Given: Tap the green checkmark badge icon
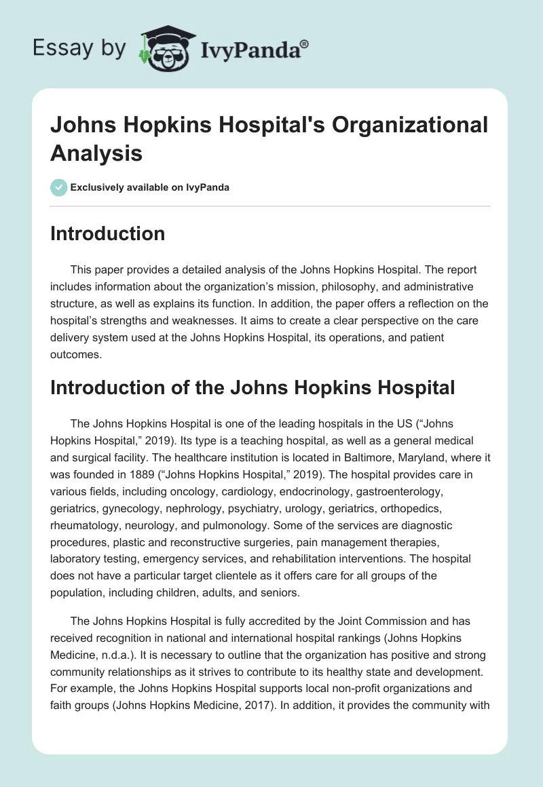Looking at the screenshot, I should [59, 187].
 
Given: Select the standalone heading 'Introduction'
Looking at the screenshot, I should [108, 233].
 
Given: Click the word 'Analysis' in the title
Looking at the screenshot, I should [96, 153].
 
